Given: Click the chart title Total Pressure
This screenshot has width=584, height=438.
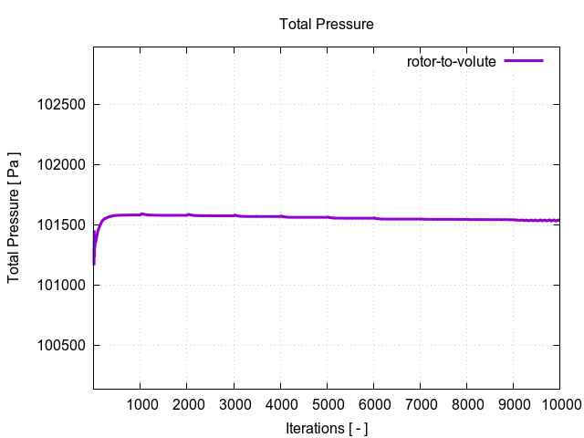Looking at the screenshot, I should pos(326,25).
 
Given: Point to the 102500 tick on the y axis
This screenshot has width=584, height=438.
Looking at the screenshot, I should pos(61,105).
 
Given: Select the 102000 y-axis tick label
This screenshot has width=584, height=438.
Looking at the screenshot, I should pos(61,165).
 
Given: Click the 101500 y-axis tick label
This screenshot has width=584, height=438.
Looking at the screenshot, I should pos(61,225).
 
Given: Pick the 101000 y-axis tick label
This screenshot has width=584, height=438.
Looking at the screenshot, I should pos(61,286).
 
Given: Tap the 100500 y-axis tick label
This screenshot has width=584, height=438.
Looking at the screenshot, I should pos(61,346).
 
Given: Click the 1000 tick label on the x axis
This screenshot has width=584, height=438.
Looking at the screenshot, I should pos(140,405).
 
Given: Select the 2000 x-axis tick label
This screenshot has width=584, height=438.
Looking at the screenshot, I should pos(186,405).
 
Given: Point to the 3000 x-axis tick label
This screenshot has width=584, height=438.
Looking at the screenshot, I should pos(234,405).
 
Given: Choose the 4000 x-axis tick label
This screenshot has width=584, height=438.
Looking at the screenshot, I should pos(280,405).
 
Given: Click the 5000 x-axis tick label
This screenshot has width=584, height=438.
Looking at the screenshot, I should pos(327,405).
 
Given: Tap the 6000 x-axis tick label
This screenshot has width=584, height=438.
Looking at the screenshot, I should pos(373,405).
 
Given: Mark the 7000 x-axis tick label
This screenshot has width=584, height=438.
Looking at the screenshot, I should pos(420,405).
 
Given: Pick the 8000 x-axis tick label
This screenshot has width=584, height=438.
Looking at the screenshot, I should pos(466,405).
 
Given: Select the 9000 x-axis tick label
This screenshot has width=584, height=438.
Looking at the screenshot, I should pos(513,405).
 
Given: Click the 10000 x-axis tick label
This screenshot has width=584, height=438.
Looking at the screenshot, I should pos(557,405).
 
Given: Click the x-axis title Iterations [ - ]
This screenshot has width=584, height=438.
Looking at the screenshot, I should pos(326,428).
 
